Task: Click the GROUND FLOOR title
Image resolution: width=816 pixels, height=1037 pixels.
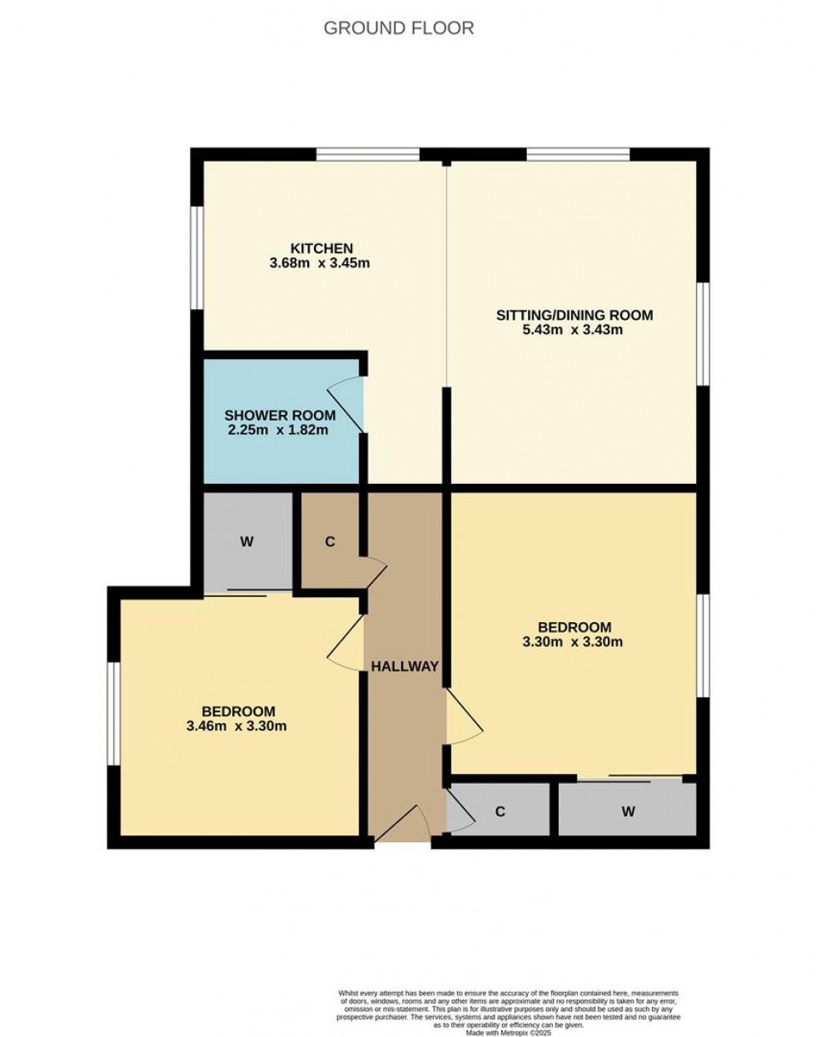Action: (x=398, y=28)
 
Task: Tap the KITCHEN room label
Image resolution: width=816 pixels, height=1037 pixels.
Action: (x=321, y=248)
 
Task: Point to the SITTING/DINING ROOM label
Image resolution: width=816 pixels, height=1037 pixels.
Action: (x=575, y=315)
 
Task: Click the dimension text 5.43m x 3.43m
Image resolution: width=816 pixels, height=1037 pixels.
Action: (x=573, y=330)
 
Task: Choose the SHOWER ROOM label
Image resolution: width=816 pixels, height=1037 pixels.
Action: (x=280, y=415)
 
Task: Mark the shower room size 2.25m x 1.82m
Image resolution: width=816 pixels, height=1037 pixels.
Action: (x=278, y=430)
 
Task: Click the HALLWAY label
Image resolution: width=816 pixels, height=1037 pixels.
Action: (x=405, y=666)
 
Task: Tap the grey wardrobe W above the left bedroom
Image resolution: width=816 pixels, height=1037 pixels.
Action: (x=246, y=542)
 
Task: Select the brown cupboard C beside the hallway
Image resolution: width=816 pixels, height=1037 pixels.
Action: (x=330, y=542)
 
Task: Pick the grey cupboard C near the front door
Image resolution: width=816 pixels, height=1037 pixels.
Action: (x=500, y=810)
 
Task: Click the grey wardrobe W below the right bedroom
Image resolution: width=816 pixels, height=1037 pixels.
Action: (x=628, y=810)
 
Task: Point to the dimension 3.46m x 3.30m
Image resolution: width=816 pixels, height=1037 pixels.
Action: (x=237, y=725)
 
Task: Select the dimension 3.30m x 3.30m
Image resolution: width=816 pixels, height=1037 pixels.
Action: (x=573, y=642)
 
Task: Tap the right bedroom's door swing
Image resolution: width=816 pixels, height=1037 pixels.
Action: (x=465, y=716)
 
